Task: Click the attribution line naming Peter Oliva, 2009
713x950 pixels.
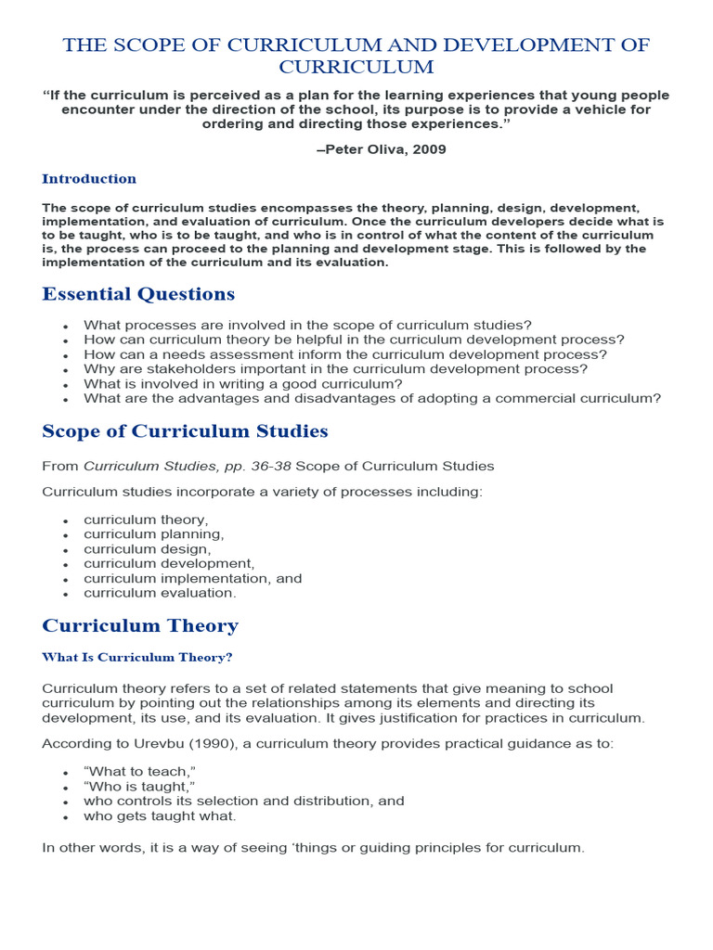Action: click(381, 149)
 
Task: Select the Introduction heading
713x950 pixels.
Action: click(89, 179)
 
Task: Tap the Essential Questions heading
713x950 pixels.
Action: click(138, 294)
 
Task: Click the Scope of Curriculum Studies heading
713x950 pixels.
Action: click(185, 431)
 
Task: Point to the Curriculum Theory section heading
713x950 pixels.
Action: click(140, 625)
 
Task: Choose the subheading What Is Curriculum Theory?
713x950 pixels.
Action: click(136, 658)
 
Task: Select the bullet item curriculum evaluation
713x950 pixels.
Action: click(160, 593)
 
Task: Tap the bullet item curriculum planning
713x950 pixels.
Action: click(153, 534)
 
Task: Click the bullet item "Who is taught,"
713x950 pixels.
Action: click(139, 787)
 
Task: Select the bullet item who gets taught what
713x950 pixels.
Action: click(160, 816)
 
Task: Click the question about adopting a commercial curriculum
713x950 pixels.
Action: click(371, 398)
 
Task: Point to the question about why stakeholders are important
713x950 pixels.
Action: click(335, 368)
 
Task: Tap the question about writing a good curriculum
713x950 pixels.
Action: click(243, 383)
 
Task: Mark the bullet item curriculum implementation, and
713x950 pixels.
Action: click(192, 578)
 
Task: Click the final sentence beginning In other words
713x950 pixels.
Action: click(313, 847)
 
